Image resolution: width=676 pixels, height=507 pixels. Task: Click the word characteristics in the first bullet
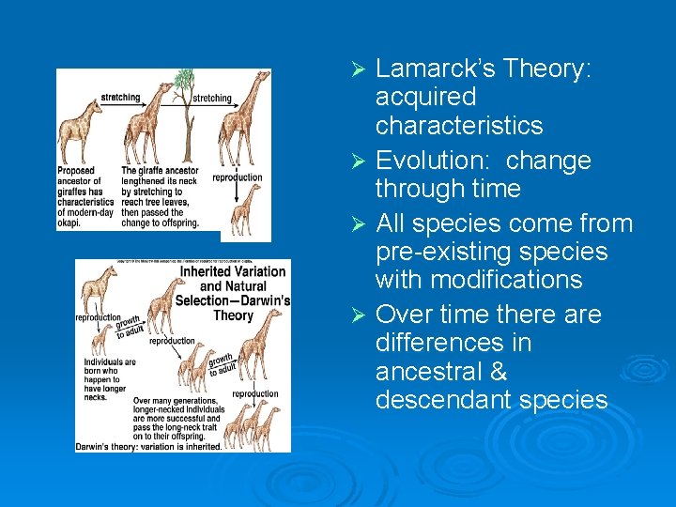459,126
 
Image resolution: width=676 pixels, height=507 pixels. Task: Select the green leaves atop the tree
186,79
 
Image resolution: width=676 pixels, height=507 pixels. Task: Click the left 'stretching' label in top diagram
120,97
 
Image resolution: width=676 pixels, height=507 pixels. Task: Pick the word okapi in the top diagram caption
69,223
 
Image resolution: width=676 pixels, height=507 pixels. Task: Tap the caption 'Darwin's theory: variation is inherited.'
149,446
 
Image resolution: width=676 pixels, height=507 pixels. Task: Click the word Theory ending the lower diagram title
234,315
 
